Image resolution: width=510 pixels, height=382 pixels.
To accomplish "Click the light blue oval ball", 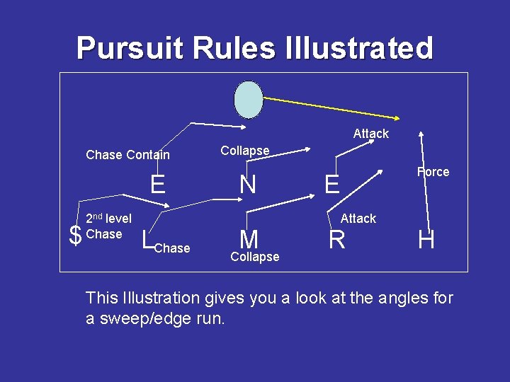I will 249,99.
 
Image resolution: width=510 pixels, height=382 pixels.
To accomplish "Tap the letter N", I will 247,185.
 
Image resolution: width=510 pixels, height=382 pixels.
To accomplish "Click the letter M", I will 248,239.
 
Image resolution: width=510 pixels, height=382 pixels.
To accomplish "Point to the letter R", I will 337,241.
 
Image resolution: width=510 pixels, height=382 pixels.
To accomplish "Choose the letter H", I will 426,241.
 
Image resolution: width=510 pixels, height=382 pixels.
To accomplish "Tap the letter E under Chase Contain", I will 157,185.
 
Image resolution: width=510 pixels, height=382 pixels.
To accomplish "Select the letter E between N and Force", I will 331,185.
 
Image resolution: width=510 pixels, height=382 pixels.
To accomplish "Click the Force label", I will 433,172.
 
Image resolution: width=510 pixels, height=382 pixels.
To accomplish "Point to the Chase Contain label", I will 127,155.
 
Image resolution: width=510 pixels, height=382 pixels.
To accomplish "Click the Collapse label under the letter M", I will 254,257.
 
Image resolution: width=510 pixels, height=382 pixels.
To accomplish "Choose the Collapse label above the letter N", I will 244,151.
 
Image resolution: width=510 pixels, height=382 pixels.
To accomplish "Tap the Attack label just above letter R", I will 358,219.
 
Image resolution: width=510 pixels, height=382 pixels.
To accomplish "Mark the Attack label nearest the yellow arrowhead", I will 371,134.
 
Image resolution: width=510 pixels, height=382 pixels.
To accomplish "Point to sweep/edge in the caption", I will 148,319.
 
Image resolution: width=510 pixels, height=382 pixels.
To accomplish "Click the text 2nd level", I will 108,219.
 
